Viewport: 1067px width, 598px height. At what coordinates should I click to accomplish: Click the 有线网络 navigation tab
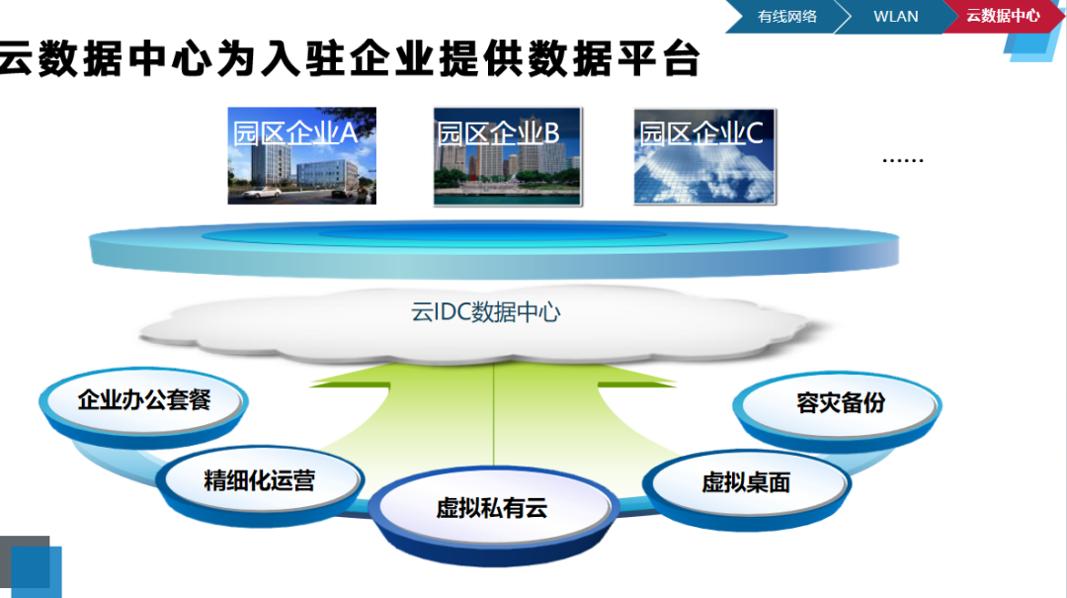point(787,16)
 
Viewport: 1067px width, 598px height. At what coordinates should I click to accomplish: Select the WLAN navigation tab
point(895,16)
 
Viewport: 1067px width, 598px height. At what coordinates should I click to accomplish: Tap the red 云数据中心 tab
point(1001,16)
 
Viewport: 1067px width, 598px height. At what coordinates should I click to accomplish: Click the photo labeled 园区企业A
point(301,155)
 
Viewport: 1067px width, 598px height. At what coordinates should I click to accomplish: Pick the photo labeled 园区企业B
point(507,156)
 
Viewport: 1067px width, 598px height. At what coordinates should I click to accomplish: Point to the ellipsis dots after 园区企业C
point(901,158)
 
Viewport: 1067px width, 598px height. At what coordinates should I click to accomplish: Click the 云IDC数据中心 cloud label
point(485,312)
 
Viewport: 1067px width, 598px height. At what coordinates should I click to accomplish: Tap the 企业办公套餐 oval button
point(144,401)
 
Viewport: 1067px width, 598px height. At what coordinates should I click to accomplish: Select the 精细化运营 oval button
point(259,481)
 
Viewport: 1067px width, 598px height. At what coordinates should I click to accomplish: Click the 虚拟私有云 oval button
point(491,509)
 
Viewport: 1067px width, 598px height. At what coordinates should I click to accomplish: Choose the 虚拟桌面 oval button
point(746,482)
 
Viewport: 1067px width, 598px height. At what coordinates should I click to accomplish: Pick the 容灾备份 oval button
point(841,403)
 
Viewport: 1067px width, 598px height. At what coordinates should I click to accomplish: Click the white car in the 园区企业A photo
point(259,194)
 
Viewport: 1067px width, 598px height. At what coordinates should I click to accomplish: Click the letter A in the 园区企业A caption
point(348,132)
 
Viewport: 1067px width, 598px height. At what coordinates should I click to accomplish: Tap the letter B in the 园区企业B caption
point(551,132)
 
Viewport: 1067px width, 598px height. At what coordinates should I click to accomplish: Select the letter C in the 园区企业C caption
point(754,132)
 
